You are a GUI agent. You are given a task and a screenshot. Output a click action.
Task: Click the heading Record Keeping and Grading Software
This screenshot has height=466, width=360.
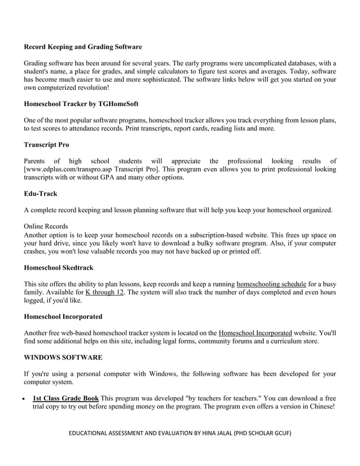coord(82,47)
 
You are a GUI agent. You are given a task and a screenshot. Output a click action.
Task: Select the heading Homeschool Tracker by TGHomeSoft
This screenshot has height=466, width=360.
coord(81,104)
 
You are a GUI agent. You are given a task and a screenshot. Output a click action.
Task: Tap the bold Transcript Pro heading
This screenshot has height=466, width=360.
coord(46,145)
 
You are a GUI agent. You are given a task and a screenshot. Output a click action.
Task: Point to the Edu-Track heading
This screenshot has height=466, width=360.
coord(40,194)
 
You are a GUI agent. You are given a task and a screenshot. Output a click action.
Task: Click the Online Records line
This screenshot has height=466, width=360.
coord(46,226)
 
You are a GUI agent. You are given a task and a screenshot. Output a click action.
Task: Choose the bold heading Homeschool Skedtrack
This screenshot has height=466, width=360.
coord(59,267)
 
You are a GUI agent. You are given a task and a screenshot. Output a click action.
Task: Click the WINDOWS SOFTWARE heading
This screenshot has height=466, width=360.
coord(63,358)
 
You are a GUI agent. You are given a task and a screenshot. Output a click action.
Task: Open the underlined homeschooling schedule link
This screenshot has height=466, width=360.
coord(271,284)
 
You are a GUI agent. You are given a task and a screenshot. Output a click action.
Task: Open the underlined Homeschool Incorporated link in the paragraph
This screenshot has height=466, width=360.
coord(255,333)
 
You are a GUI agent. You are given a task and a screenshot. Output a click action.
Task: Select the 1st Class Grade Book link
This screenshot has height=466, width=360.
coord(65,398)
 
